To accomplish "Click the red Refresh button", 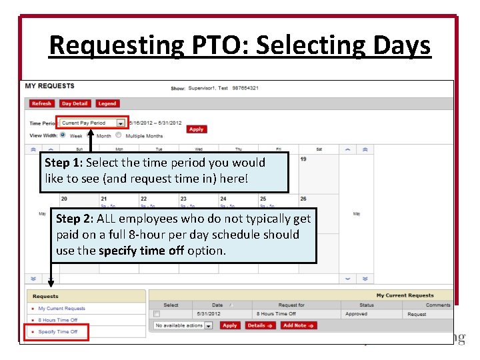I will coord(41,103).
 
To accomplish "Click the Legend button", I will coord(107,103).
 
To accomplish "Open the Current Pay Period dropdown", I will coord(120,123).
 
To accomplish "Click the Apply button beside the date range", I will coord(196,129).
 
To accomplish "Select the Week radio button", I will coord(63,135).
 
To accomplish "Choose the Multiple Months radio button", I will coord(118,135).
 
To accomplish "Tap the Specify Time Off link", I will coord(58,331).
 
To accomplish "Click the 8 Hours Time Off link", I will coord(58,320).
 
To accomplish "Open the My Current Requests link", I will coord(61,309).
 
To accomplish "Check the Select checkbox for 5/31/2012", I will coord(157,313).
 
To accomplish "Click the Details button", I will coord(259,325).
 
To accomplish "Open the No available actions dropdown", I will coord(208,325).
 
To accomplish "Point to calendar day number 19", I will coord(303,159).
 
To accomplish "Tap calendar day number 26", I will coord(303,199).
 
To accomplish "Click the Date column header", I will coord(217,305).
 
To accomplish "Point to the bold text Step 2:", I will coord(75,219).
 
